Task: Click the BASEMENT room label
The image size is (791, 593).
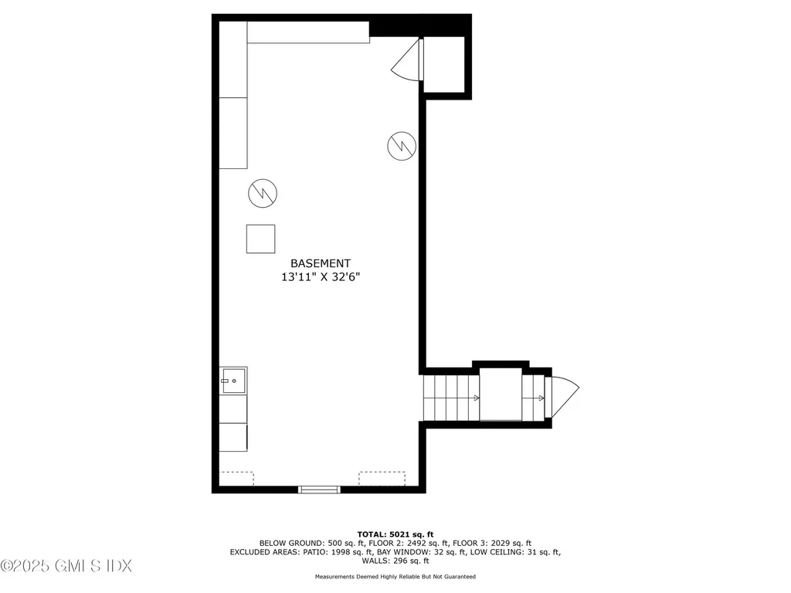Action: point(321,263)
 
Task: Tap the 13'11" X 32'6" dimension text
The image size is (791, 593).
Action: point(321,277)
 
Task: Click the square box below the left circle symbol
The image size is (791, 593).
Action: point(261,239)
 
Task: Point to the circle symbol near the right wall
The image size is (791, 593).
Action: point(402,145)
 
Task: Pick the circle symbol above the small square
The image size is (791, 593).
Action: point(263,193)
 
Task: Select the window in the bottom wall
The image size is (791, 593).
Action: point(319,488)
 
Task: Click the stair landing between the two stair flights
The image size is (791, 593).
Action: point(501,395)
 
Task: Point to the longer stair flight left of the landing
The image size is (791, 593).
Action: point(450,397)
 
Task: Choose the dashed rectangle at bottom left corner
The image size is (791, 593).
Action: point(236,479)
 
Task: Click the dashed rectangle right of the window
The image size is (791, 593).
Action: point(382,479)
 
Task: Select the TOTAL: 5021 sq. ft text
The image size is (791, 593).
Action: point(395,534)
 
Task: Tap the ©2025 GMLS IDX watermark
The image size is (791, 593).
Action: point(66,566)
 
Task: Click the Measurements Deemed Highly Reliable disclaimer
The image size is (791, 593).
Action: point(395,577)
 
